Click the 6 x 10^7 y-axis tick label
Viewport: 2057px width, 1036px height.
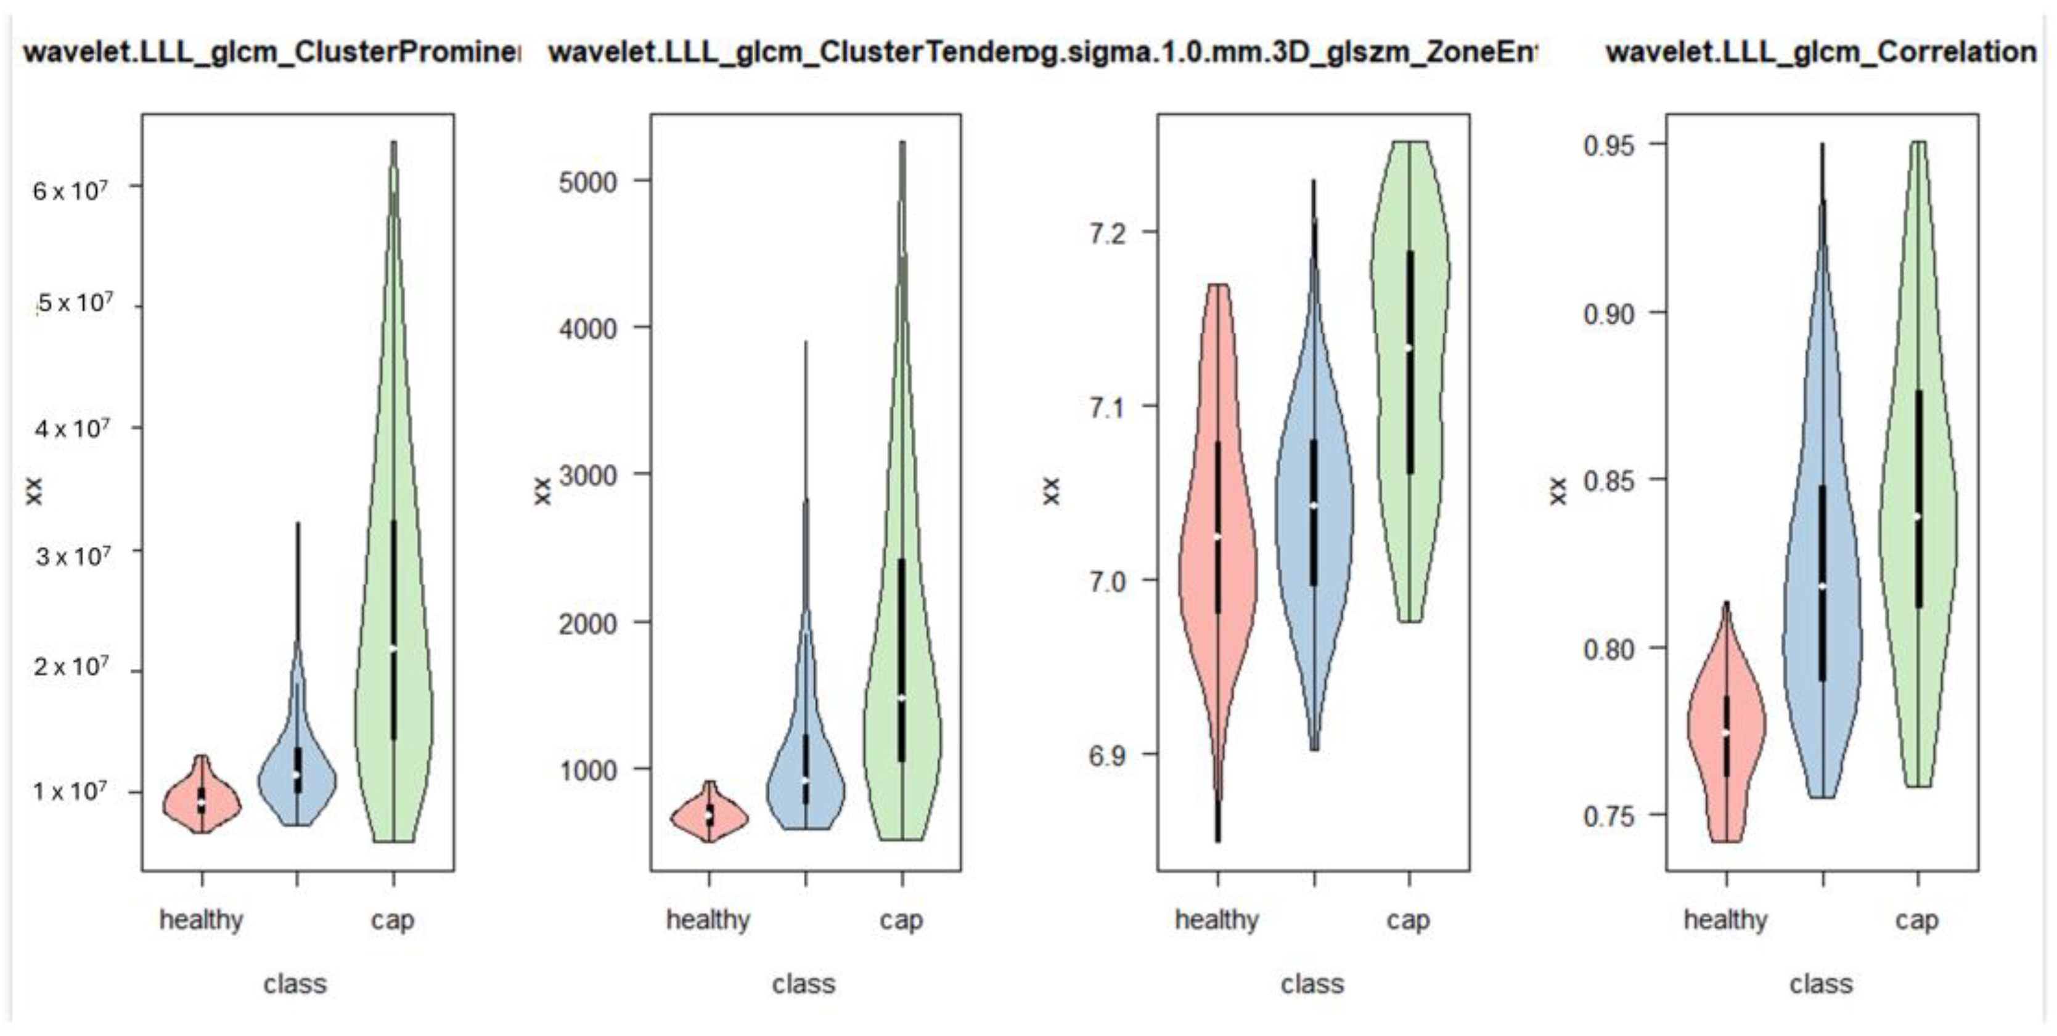tap(70, 191)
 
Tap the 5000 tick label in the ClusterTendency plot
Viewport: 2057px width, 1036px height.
tap(587, 182)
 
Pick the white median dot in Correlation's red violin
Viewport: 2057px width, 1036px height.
tap(1725, 732)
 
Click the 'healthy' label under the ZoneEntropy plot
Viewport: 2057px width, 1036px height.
tap(1216, 920)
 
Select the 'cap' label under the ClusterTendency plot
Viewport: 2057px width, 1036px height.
tap(902, 920)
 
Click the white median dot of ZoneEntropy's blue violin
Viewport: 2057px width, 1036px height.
tap(1314, 505)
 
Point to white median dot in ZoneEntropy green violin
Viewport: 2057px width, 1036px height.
tap(1409, 347)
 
